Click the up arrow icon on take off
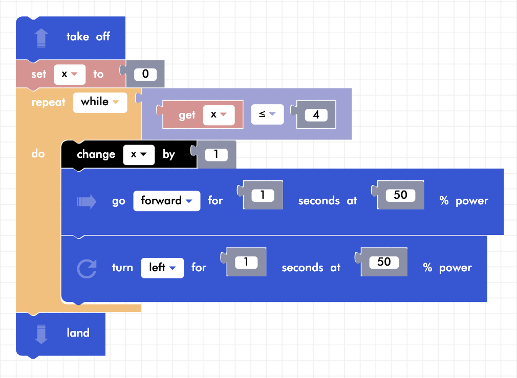point(41,37)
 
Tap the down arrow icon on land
point(41,334)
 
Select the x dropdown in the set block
point(69,74)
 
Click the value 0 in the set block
point(145,74)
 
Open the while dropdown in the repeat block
point(100,102)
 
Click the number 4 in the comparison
point(316,115)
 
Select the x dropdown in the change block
point(139,154)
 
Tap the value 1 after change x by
point(216,154)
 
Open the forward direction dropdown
point(166,201)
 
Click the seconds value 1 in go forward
point(262,195)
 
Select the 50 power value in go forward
point(400,195)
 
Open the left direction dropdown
point(162,268)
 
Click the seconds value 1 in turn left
point(246,262)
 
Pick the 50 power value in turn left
point(384,262)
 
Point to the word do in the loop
point(38,154)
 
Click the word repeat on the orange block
point(49,102)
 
